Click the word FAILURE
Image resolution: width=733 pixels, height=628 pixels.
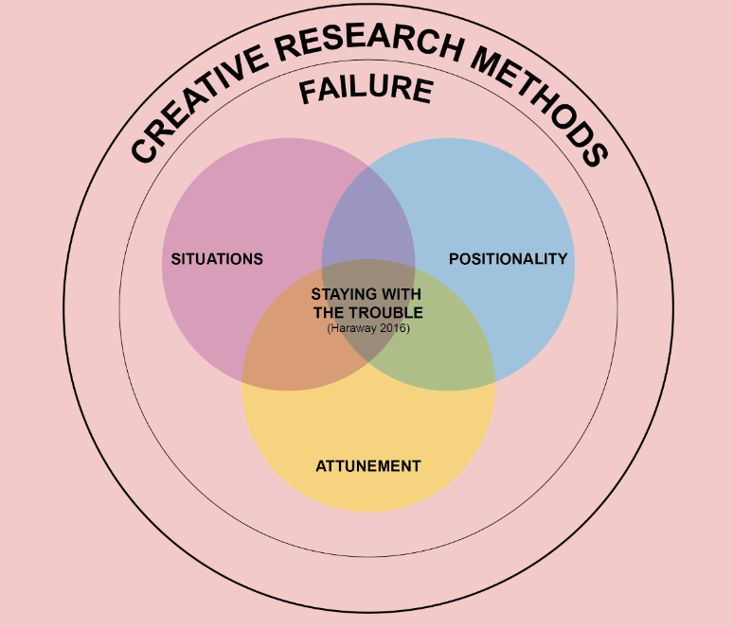click(366, 92)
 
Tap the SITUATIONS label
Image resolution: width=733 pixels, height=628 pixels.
click(217, 259)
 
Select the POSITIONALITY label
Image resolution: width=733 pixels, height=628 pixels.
click(509, 259)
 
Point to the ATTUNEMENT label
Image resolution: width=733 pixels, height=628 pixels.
click(367, 466)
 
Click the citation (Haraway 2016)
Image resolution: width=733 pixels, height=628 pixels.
click(367, 328)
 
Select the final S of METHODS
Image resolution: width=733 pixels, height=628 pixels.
click(593, 152)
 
